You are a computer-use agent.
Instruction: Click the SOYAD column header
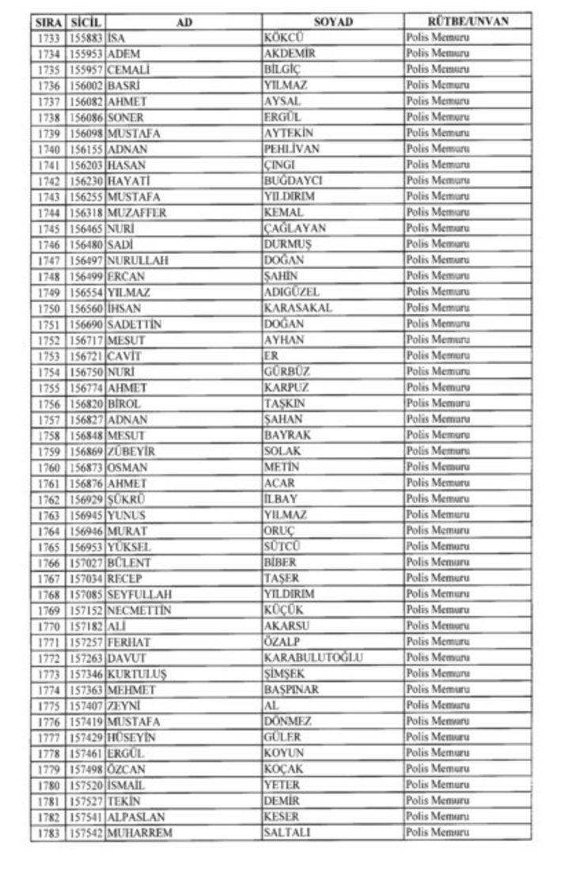[333, 21]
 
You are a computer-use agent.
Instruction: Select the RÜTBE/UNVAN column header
[467, 21]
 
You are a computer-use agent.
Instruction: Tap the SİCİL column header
[85, 21]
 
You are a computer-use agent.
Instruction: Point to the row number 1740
[50, 149]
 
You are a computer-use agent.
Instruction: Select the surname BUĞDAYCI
[293, 180]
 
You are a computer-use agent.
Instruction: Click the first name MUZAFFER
[137, 213]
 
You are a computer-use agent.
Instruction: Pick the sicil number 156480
[85, 244]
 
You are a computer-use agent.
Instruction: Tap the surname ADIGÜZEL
[292, 292]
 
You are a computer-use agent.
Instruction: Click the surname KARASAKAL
[297, 308]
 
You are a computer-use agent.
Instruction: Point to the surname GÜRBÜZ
[286, 372]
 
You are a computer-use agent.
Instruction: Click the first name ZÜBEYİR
[131, 451]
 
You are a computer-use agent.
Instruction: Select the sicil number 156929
[85, 499]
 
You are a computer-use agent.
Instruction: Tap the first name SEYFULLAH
[140, 594]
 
